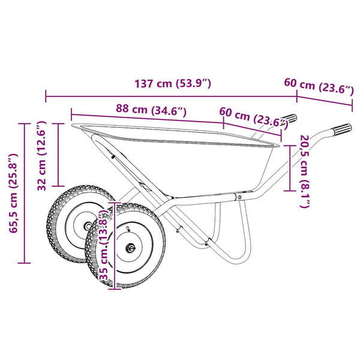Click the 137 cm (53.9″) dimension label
(172, 84)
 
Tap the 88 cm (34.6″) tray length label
(151, 110)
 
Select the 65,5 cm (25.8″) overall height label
(13, 193)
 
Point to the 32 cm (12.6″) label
(42, 155)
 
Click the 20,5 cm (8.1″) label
(305, 172)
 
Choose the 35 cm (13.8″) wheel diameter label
(104, 247)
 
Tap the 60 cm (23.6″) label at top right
(319, 86)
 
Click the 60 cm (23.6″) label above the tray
(254, 118)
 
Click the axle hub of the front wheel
(130, 248)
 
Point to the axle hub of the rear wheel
(88, 226)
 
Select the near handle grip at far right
(342, 129)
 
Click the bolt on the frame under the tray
(239, 197)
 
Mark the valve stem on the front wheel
(128, 229)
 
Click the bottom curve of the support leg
(236, 260)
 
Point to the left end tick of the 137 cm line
(46, 96)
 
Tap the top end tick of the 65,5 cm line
(25, 124)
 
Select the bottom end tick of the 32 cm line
(58, 186)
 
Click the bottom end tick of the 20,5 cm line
(290, 191)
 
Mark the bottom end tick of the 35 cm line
(115, 289)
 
